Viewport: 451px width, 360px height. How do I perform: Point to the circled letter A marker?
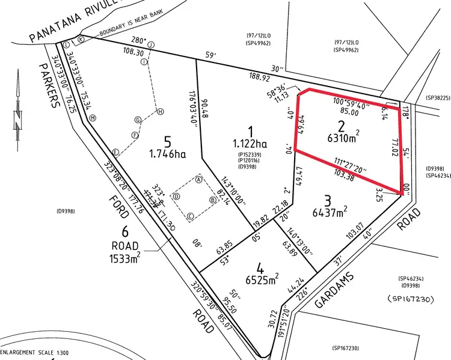(x=198, y=178)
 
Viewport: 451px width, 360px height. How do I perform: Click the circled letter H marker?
(x=160, y=111)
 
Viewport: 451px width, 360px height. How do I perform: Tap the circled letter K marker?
(x=80, y=39)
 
